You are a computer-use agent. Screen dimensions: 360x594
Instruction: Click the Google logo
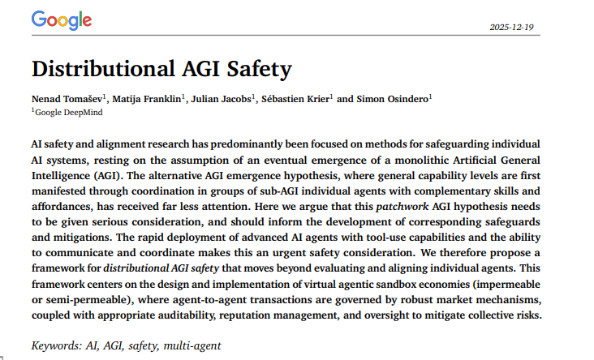click(62, 19)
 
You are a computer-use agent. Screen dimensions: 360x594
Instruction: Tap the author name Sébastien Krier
click(295, 99)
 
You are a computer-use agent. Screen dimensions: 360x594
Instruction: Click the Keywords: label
click(56, 345)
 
